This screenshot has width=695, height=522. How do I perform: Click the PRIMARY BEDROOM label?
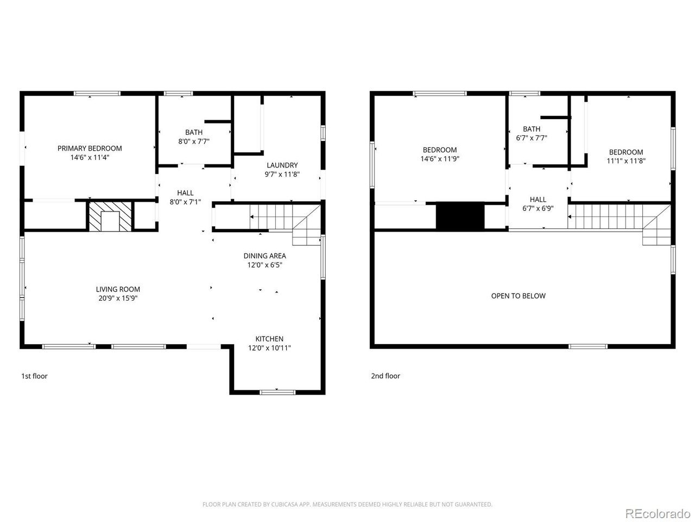pyautogui.click(x=90, y=148)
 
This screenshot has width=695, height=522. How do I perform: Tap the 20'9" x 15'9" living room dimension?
pyautogui.click(x=118, y=298)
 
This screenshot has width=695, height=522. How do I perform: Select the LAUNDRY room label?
pyautogui.click(x=282, y=165)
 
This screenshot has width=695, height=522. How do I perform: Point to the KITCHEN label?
pyautogui.click(x=269, y=339)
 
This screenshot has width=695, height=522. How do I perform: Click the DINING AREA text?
pyautogui.click(x=265, y=256)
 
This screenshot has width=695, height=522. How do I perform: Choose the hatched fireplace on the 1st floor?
pyautogui.click(x=110, y=216)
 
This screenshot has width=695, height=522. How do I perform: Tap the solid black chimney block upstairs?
pyautogui.click(x=460, y=215)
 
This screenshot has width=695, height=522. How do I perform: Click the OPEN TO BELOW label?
pyautogui.click(x=519, y=296)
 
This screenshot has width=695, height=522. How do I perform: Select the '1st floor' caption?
pyautogui.click(x=34, y=376)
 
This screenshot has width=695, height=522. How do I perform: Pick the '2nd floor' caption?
pyautogui.click(x=386, y=376)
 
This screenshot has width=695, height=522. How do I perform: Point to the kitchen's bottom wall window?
pyautogui.click(x=277, y=392)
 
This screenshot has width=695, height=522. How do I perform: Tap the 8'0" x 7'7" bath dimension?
pyautogui.click(x=194, y=141)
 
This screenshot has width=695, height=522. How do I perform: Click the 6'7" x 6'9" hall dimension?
pyautogui.click(x=538, y=209)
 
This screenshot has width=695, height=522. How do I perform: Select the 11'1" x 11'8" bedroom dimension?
pyautogui.click(x=626, y=161)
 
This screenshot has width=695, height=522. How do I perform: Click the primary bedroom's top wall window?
pyautogui.click(x=97, y=94)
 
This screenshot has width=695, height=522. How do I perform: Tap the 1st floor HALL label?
pyautogui.click(x=185, y=193)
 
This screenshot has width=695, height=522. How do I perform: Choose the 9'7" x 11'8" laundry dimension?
pyautogui.click(x=282, y=175)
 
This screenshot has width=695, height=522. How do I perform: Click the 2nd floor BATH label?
pyautogui.click(x=532, y=129)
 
